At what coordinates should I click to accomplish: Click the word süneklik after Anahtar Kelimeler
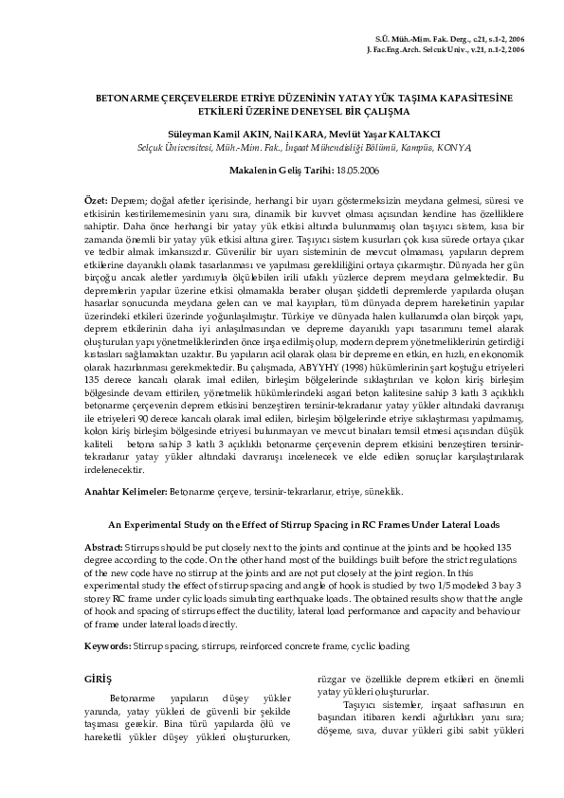coord(385,492)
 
